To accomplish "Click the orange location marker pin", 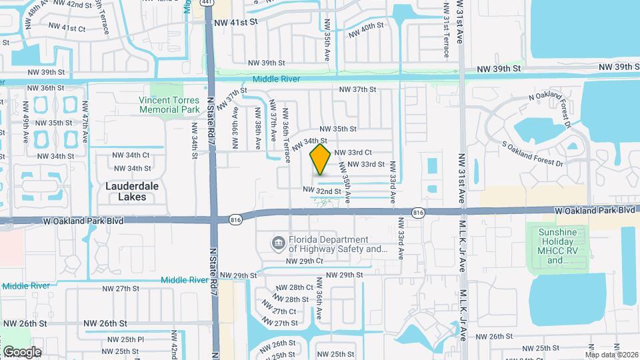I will [320, 159].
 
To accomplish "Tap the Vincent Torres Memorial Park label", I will [169, 105].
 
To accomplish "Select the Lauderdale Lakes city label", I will [132, 191].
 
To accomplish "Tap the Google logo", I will [22, 351].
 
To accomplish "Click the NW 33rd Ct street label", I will [353, 152].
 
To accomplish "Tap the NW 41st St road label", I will [235, 22].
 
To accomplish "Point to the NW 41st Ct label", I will [64, 29].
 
